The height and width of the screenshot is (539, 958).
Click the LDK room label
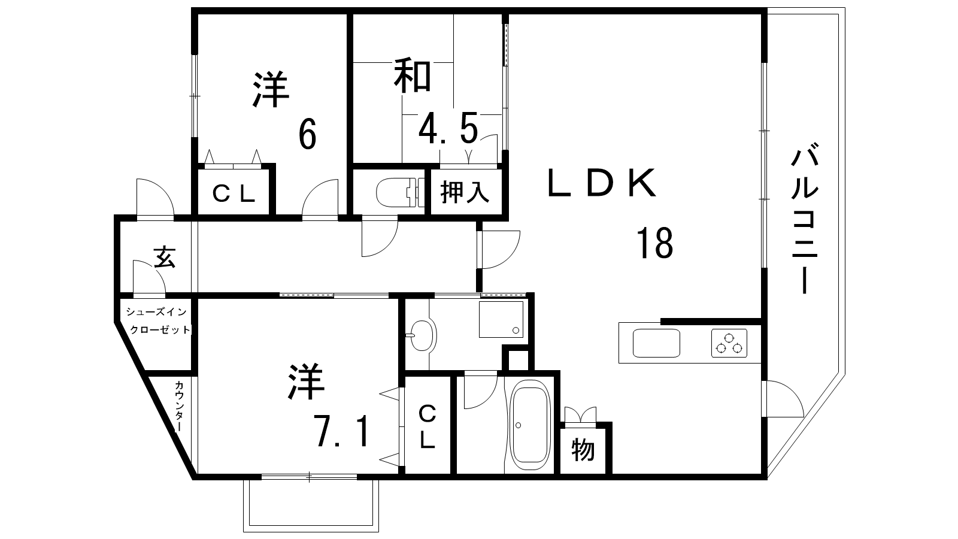pyautogui.click(x=601, y=183)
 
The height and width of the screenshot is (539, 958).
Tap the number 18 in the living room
pyautogui.click(x=655, y=243)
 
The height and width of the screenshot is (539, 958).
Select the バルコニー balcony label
pyautogui.click(x=805, y=221)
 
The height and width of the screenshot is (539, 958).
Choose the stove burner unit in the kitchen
pyautogui.click(x=729, y=343)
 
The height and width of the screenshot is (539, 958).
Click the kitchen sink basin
pyautogui.click(x=656, y=343)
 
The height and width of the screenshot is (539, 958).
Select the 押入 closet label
pyautogui.click(x=465, y=192)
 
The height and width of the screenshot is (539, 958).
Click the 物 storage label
pyautogui.click(x=583, y=450)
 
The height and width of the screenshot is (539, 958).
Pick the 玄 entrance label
pyautogui.click(x=165, y=257)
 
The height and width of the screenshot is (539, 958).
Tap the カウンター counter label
pyautogui.click(x=180, y=406)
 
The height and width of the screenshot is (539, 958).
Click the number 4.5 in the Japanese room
pyautogui.click(x=448, y=129)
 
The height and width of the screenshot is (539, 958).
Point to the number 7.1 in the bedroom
pyautogui.click(x=342, y=430)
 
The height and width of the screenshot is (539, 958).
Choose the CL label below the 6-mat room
pyautogui.click(x=234, y=194)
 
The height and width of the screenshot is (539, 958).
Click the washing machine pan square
pyautogui.click(x=501, y=320)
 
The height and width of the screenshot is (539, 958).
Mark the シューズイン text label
pyautogui.click(x=156, y=312)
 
